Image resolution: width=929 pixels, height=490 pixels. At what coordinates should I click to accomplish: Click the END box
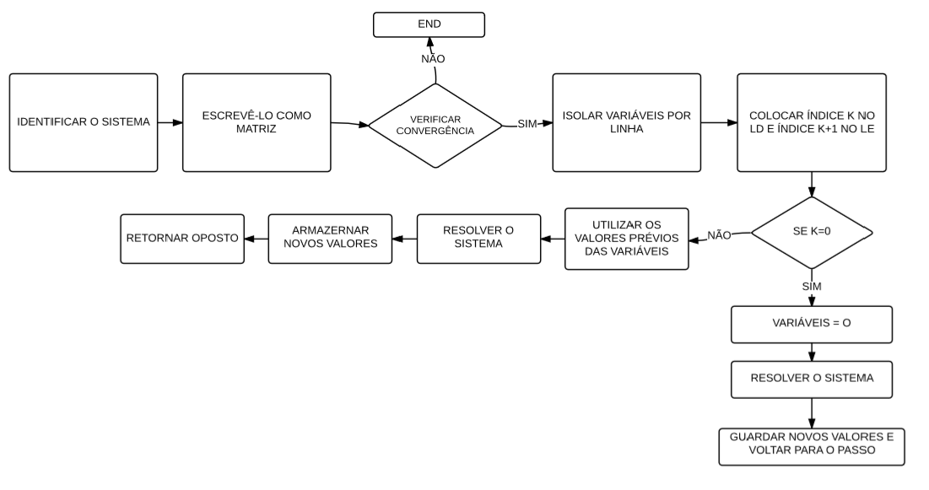[x=429, y=25]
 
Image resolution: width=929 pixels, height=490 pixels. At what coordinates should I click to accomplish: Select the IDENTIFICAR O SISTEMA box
[x=84, y=122]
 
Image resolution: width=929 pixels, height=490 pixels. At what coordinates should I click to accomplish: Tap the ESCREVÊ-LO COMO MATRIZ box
[x=257, y=122]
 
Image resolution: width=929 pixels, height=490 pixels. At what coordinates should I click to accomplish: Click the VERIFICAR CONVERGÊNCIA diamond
[x=435, y=126]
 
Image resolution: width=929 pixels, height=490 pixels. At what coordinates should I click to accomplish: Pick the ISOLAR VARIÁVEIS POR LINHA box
[x=627, y=122]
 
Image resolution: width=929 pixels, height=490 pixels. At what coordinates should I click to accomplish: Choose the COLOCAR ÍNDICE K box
[x=812, y=122]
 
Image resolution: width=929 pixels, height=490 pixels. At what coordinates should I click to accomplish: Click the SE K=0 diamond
[x=812, y=233]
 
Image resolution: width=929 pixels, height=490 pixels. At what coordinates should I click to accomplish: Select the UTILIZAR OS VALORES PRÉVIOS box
[x=627, y=239]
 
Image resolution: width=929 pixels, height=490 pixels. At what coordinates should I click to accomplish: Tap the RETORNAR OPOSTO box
[x=182, y=239]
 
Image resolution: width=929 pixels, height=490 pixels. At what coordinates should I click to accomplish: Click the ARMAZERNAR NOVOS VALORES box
[x=330, y=239]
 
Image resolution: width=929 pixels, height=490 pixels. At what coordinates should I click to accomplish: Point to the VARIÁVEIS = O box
[x=812, y=325]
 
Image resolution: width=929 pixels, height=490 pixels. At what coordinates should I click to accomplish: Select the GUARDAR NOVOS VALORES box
[x=812, y=447]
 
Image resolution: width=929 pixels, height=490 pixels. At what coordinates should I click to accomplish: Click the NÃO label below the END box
[x=433, y=59]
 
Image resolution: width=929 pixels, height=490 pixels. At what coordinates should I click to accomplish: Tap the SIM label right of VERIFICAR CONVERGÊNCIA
[x=527, y=124]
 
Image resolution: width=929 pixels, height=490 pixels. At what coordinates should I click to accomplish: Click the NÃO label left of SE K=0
[x=719, y=235]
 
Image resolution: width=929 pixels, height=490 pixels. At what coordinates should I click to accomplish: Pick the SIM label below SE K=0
[x=812, y=287]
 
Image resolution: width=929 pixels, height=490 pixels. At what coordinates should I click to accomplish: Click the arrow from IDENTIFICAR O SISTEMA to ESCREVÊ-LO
[x=170, y=122]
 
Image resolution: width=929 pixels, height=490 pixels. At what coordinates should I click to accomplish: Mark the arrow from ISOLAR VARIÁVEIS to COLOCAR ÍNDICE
[x=719, y=122]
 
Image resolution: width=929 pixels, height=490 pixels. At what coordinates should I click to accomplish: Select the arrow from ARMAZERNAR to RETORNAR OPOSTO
[x=257, y=239]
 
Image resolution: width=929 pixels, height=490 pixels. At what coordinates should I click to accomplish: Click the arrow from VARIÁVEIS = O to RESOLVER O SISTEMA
[x=812, y=353]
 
